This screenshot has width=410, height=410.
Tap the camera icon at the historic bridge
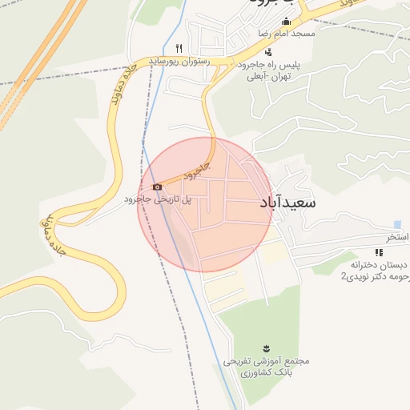click(x=157, y=187)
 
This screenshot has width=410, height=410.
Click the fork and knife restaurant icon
click(x=179, y=47)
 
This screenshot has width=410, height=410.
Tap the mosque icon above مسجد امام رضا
click(x=286, y=22)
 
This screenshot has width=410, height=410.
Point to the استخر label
click(x=398, y=238)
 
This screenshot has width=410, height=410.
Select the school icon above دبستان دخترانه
click(x=379, y=252)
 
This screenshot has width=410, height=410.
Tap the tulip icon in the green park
click(x=265, y=347)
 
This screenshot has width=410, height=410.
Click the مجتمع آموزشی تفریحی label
click(x=265, y=361)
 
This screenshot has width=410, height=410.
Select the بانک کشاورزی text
click(x=265, y=373)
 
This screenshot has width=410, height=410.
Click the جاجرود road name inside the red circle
click(x=195, y=169)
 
